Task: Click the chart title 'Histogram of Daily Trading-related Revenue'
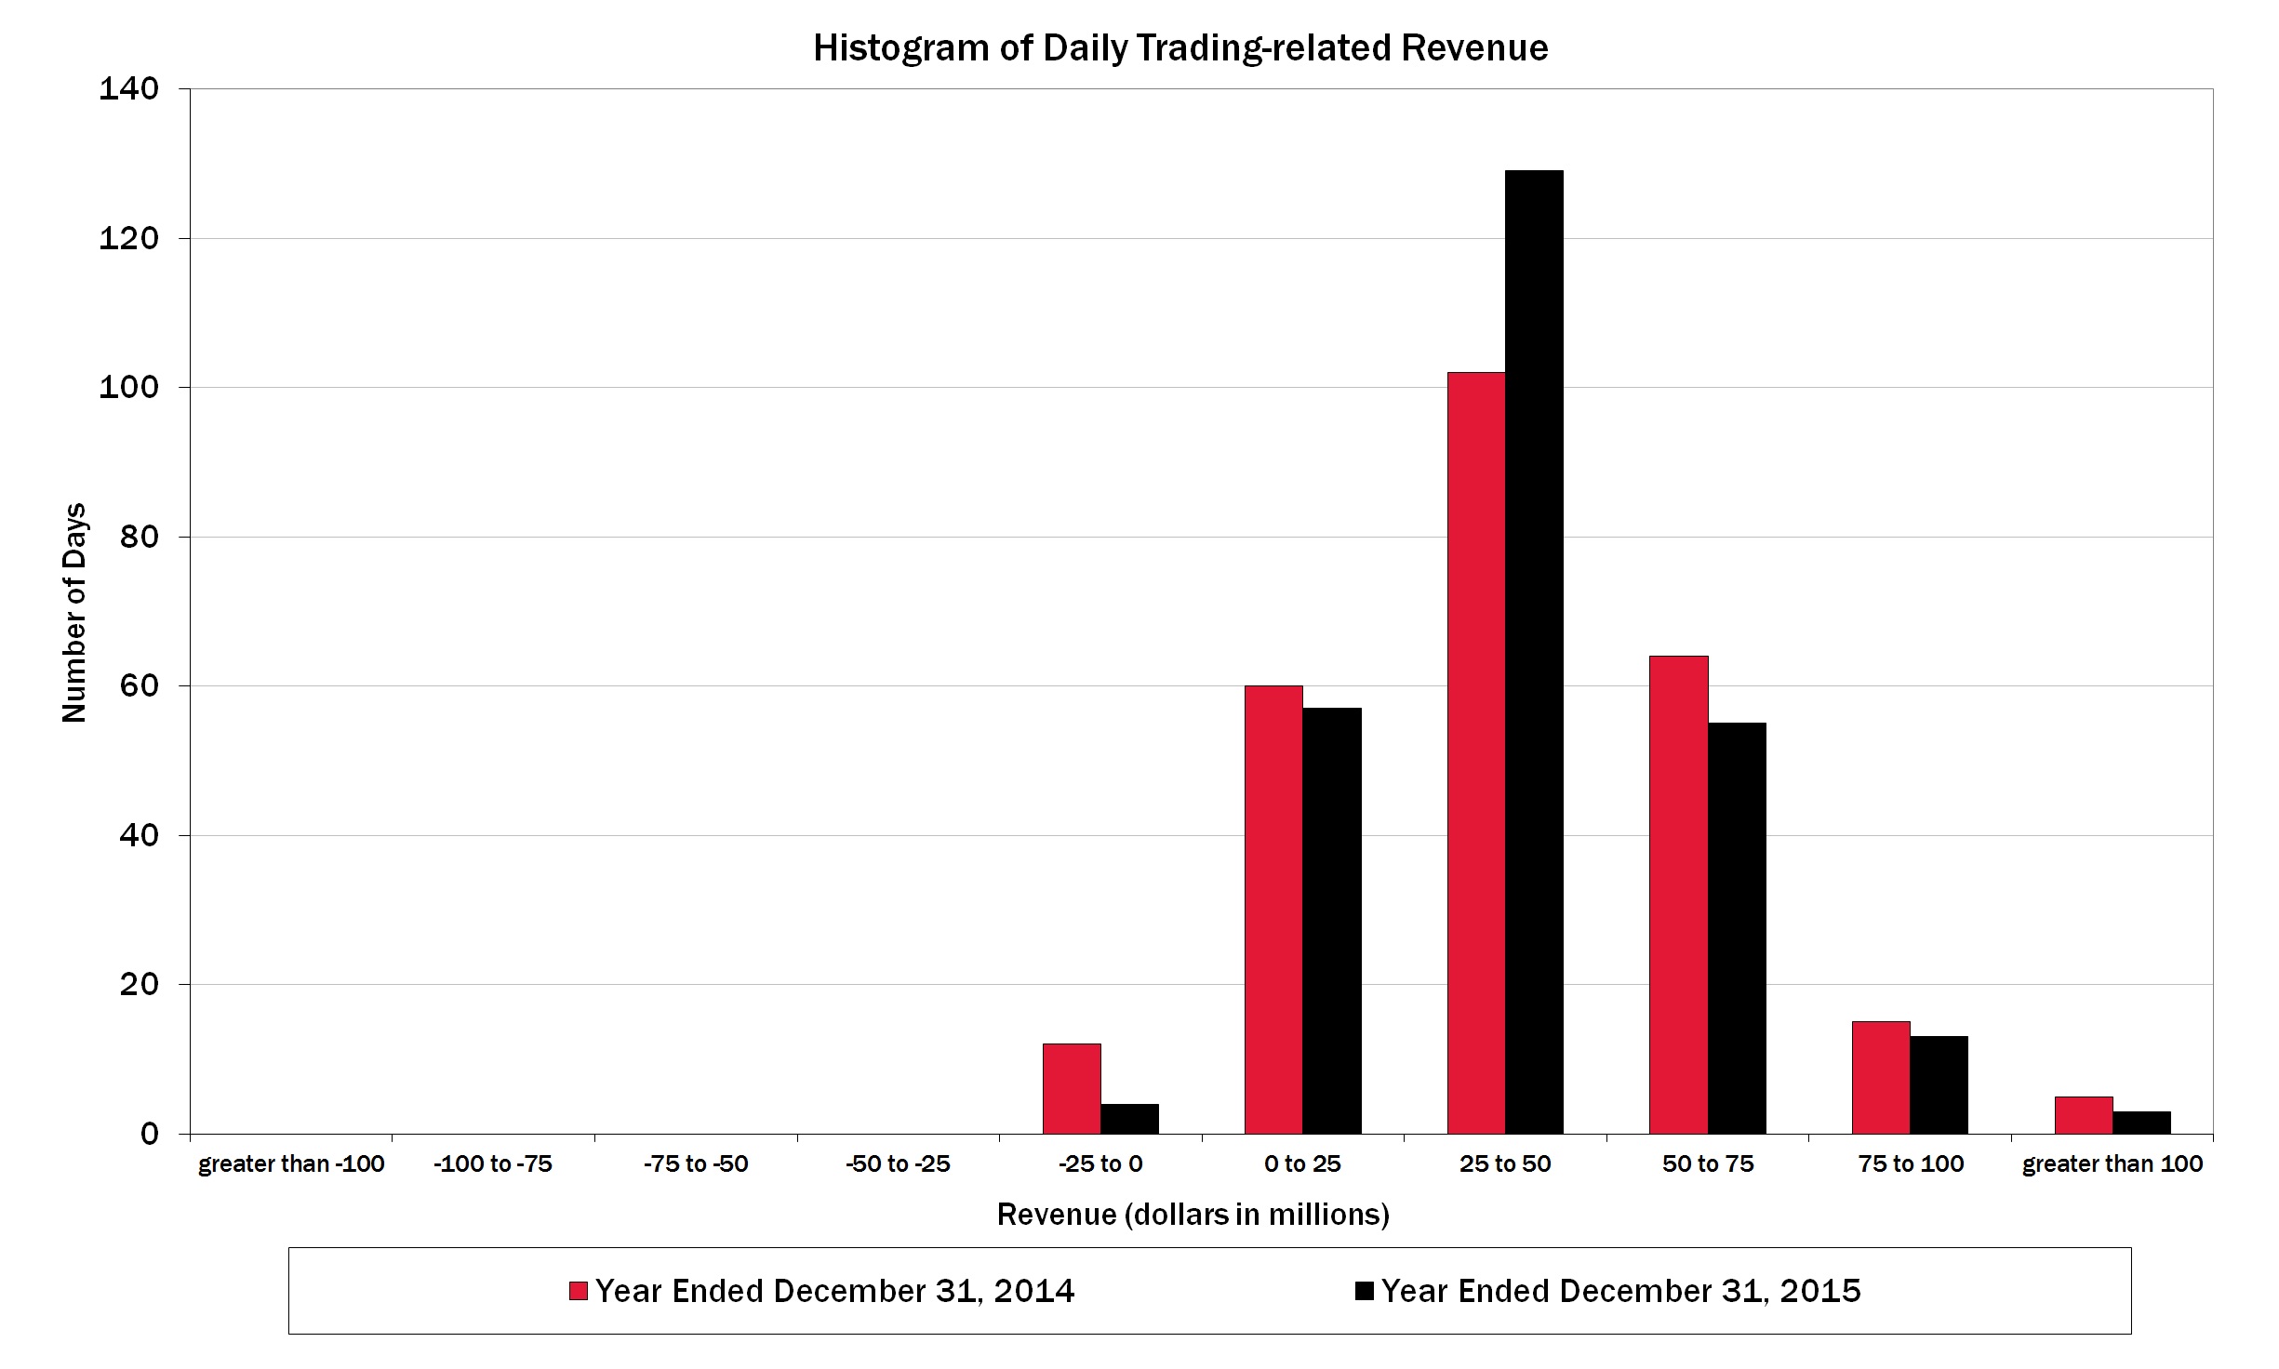click(1180, 48)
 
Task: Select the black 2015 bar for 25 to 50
click(1534, 651)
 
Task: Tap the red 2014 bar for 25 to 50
click(1476, 753)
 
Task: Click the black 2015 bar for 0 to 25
click(1331, 921)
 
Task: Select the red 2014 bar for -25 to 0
click(1072, 1088)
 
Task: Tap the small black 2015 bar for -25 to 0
click(1129, 1119)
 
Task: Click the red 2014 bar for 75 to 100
click(1881, 1077)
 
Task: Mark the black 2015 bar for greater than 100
click(2141, 1123)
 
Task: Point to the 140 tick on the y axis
click(129, 88)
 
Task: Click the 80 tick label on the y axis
click(140, 537)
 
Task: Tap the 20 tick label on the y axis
click(140, 984)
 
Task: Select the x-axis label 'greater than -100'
click(291, 1163)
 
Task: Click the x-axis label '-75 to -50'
click(696, 1163)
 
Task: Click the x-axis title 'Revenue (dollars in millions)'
click(1193, 1215)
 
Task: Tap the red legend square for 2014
click(579, 1291)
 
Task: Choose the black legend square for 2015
click(1365, 1291)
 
